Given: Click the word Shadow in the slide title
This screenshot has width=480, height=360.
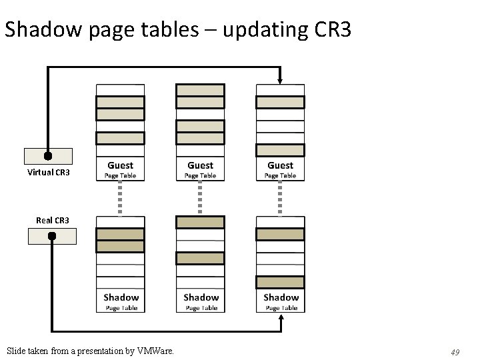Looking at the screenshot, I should (x=45, y=29).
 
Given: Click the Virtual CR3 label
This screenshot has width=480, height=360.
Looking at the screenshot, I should (x=48, y=173).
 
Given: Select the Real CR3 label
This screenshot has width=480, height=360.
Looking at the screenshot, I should (x=53, y=221).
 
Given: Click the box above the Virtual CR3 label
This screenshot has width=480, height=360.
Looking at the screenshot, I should (x=48, y=156).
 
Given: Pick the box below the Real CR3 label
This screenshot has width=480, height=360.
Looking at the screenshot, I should (x=52, y=236).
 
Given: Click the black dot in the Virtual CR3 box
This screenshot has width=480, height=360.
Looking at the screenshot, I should (x=48, y=156).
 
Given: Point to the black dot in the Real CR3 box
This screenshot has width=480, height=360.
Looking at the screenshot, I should (x=52, y=236).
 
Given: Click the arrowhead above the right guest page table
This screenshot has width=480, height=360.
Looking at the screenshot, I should (x=280, y=80).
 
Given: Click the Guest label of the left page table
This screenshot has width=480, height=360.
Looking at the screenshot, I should (x=120, y=165).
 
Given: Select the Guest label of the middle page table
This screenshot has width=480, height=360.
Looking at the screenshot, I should (x=200, y=165).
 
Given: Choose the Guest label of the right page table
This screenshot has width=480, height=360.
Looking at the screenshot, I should (x=280, y=165).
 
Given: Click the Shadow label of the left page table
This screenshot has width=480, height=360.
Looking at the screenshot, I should (x=121, y=297).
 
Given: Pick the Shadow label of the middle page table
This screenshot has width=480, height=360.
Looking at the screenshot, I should (x=201, y=297).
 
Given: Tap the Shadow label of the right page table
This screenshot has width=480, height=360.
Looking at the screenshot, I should (x=281, y=297).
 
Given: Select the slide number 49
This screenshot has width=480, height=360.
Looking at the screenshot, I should (x=455, y=351).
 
